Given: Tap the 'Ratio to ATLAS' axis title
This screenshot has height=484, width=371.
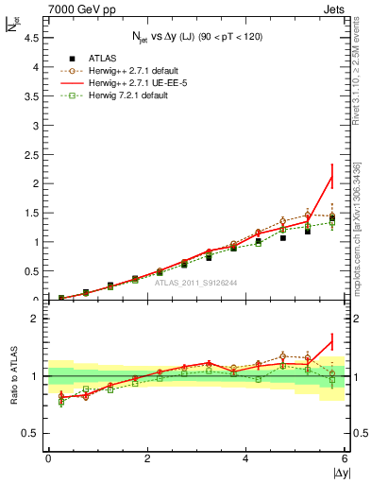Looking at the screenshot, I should click(12, 376).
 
